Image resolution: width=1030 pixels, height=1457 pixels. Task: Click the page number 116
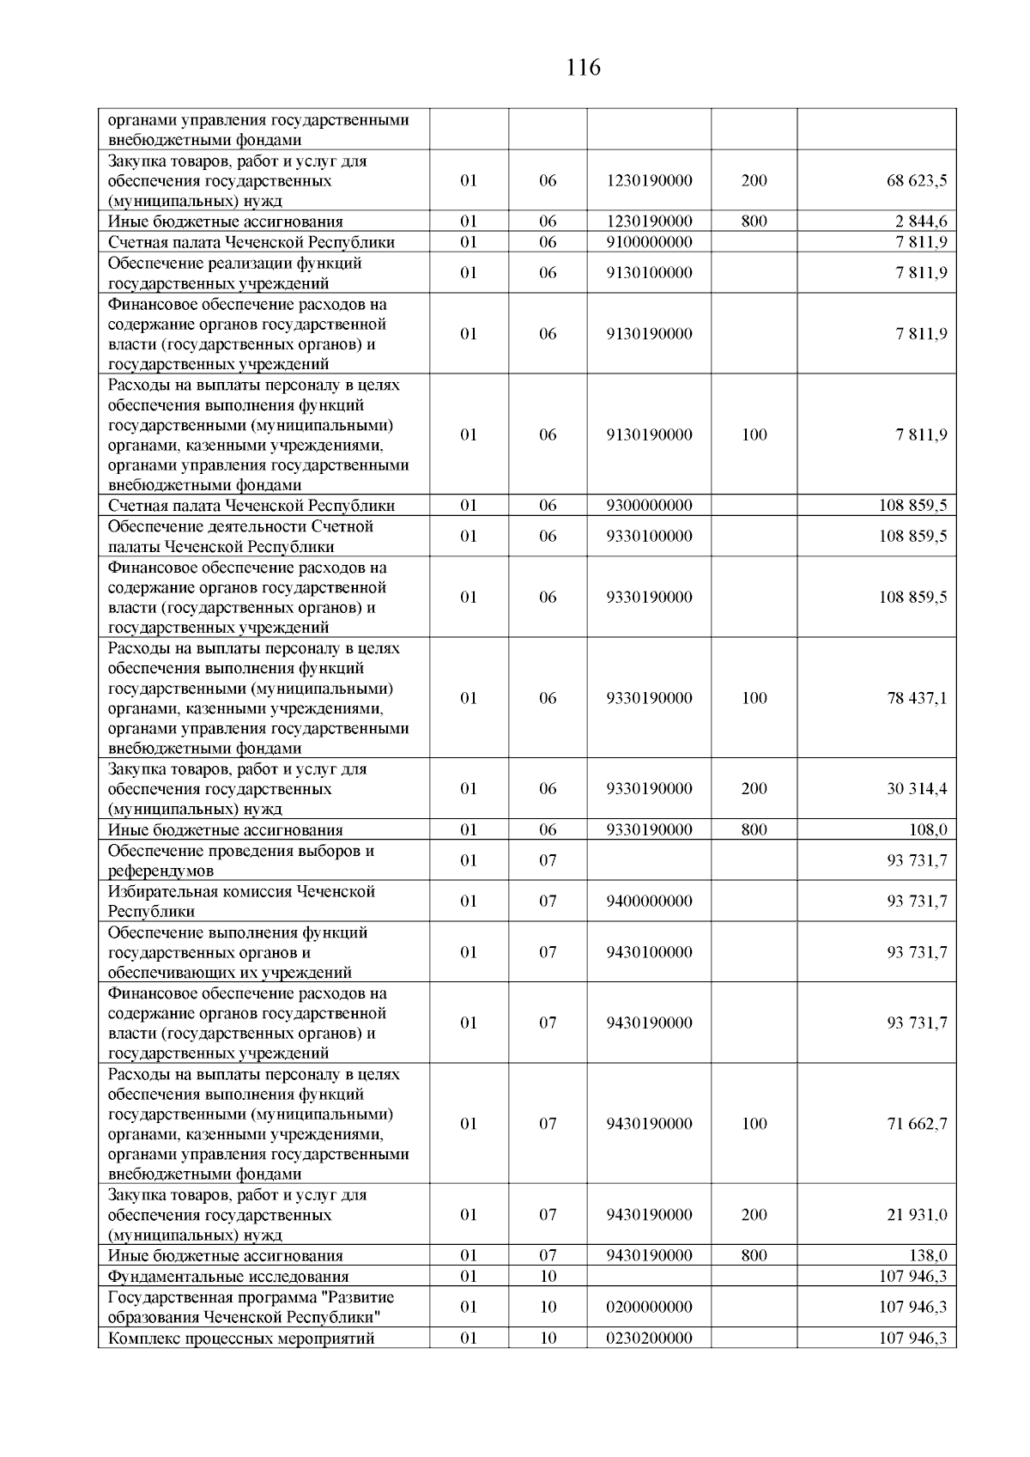[584, 68]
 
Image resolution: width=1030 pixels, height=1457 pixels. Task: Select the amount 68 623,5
[917, 181]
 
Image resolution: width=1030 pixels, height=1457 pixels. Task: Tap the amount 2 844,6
[922, 222]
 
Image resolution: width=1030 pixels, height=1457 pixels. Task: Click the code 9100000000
[649, 242]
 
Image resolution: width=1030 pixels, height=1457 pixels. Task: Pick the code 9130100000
[649, 273]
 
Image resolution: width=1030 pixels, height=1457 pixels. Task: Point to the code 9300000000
[649, 506]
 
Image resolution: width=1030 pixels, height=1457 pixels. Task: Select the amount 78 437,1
[917, 698]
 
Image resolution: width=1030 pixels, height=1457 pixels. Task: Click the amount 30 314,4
[917, 789]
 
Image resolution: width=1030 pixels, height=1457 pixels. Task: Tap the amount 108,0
[928, 830]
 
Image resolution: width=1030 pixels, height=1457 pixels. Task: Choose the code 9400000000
[649, 902]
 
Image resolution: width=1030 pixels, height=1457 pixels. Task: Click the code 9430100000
[649, 952]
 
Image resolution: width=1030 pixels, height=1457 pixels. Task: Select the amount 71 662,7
[917, 1124]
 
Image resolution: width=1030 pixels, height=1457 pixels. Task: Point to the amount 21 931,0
[917, 1215]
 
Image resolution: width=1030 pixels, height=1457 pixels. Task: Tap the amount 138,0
[928, 1256]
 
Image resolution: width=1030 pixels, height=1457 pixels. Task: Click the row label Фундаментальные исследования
[228, 1277]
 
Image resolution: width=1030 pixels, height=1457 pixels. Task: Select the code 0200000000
[649, 1308]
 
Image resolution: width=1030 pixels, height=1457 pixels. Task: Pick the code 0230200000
[649, 1339]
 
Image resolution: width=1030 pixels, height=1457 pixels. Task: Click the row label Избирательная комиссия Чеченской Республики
[241, 902]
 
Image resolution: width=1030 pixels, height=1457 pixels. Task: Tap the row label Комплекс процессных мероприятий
[241, 1339]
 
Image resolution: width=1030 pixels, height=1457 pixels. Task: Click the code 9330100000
[649, 537]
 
